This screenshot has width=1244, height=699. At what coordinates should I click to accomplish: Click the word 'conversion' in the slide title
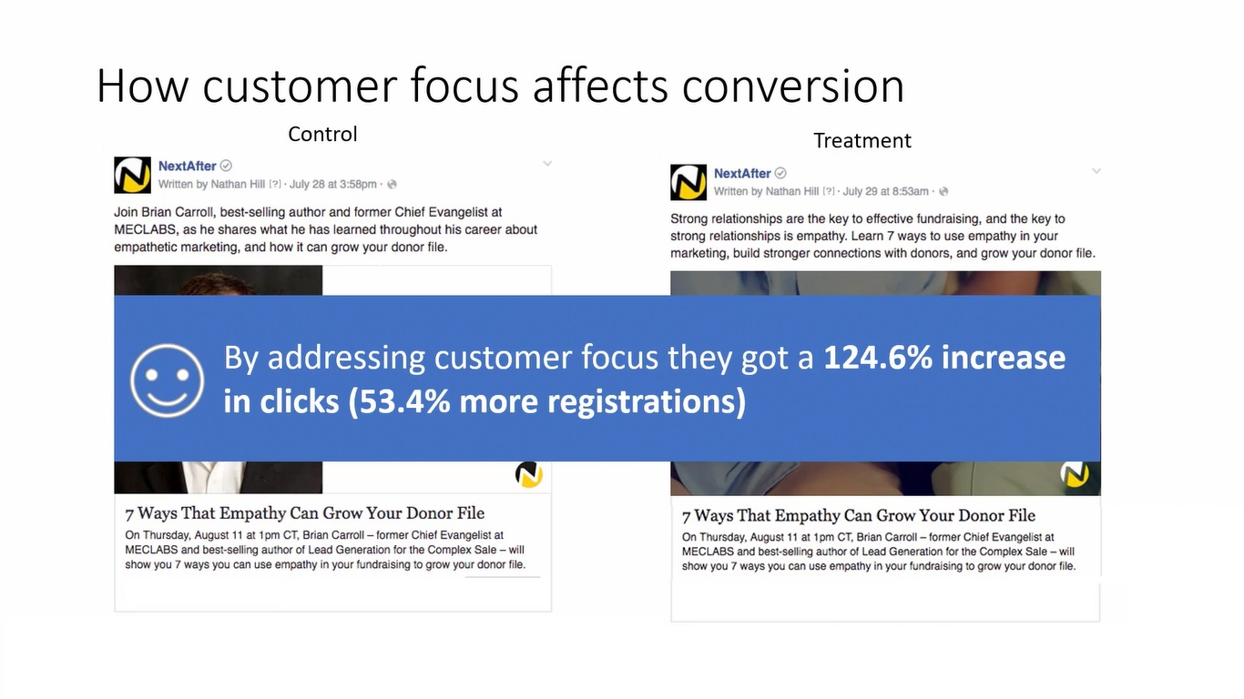click(793, 86)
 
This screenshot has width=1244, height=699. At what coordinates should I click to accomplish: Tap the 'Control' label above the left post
click(322, 135)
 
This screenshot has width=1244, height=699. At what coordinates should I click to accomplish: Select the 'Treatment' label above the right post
click(862, 140)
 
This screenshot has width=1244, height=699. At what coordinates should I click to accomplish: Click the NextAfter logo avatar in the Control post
click(132, 175)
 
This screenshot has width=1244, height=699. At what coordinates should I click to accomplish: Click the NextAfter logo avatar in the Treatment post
click(688, 182)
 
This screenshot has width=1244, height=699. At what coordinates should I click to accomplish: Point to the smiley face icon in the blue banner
click(168, 380)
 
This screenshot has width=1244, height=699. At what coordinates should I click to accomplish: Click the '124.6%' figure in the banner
click(878, 357)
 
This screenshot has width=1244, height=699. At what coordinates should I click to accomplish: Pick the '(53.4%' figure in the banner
click(399, 401)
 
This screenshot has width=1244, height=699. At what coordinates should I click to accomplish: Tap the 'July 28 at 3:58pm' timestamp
click(333, 185)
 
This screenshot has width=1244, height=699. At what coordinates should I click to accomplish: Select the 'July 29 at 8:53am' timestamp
click(886, 191)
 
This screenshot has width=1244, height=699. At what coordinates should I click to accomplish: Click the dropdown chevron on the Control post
click(547, 164)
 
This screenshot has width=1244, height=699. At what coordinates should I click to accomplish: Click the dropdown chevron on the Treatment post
click(1096, 171)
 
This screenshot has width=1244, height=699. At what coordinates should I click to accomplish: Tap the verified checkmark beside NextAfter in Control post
click(226, 166)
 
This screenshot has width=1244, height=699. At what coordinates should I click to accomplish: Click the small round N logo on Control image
click(529, 475)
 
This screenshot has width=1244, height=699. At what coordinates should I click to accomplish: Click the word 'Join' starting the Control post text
click(126, 212)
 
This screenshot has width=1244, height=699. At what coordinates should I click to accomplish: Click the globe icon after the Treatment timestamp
click(943, 191)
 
